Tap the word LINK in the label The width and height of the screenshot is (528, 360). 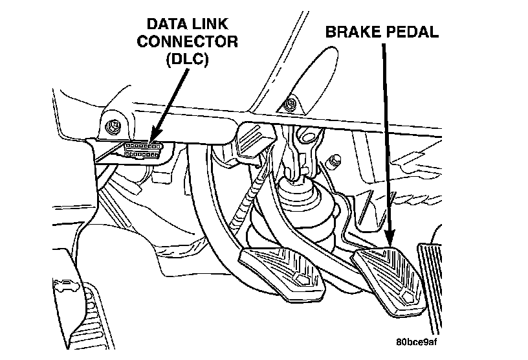tap(210, 24)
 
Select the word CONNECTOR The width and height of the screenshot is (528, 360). tap(187, 41)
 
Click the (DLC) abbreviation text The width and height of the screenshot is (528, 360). tap(187, 60)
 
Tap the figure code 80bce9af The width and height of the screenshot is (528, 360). tap(417, 342)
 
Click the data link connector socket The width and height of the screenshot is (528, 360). tap(142, 150)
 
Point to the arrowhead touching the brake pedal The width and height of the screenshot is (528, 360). tap(390, 238)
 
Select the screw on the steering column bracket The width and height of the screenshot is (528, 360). tap(290, 104)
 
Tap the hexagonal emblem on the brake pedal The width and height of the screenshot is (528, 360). tap(406, 297)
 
